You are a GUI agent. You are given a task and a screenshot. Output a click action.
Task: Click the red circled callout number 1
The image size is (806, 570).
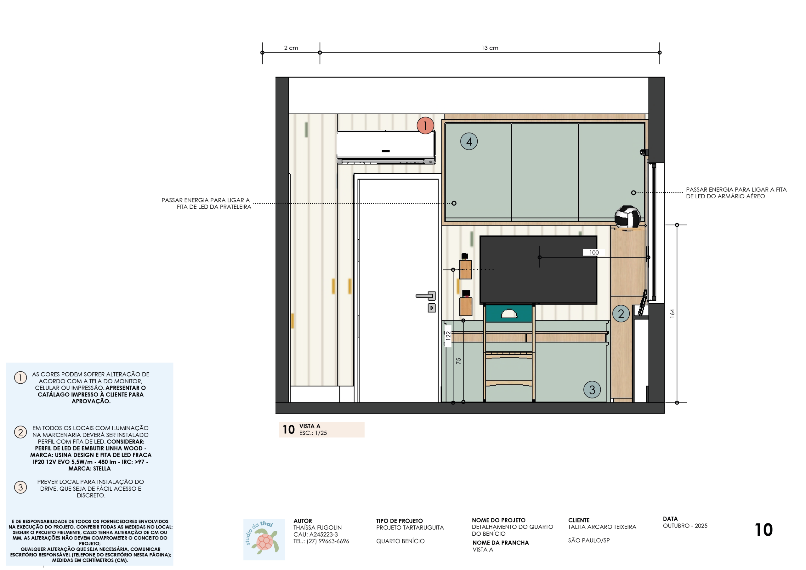pyautogui.click(x=425, y=125)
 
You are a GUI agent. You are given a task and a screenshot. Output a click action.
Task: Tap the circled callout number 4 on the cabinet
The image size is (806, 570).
pyautogui.click(x=469, y=141)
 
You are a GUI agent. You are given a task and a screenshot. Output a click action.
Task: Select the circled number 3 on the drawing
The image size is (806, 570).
pyautogui.click(x=592, y=390)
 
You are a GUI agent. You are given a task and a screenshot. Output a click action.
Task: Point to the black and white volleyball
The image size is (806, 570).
pyautogui.click(x=628, y=217)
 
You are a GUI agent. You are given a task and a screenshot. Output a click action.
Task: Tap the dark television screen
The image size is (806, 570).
pyautogui.click(x=538, y=269)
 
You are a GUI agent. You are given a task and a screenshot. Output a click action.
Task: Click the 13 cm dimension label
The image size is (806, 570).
pyautogui.click(x=490, y=48)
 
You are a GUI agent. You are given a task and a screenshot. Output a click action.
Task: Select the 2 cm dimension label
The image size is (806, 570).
pyautogui.click(x=291, y=48)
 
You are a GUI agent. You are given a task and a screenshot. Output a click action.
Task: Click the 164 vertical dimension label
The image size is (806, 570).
pyautogui.click(x=672, y=313)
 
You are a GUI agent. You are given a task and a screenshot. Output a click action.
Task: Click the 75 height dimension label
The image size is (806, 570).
pyautogui.click(x=458, y=361)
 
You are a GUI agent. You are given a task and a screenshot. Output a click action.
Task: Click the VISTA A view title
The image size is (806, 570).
pyautogui.click(x=309, y=426)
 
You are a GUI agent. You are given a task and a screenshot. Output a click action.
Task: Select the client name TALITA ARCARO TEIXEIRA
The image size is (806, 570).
pyautogui.click(x=602, y=527)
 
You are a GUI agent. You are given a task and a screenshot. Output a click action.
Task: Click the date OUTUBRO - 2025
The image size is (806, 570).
pyautogui.click(x=685, y=526)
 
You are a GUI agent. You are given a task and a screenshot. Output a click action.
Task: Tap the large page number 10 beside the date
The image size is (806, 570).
pyautogui.click(x=763, y=530)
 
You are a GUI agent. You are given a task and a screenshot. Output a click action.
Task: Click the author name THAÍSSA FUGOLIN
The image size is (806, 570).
pyautogui.click(x=317, y=528)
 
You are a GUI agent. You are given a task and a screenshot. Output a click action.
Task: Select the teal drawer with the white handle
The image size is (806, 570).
pyautogui.click(x=509, y=313)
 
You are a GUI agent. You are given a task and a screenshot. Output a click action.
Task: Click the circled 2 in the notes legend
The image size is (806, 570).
pyautogui.click(x=20, y=432)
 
